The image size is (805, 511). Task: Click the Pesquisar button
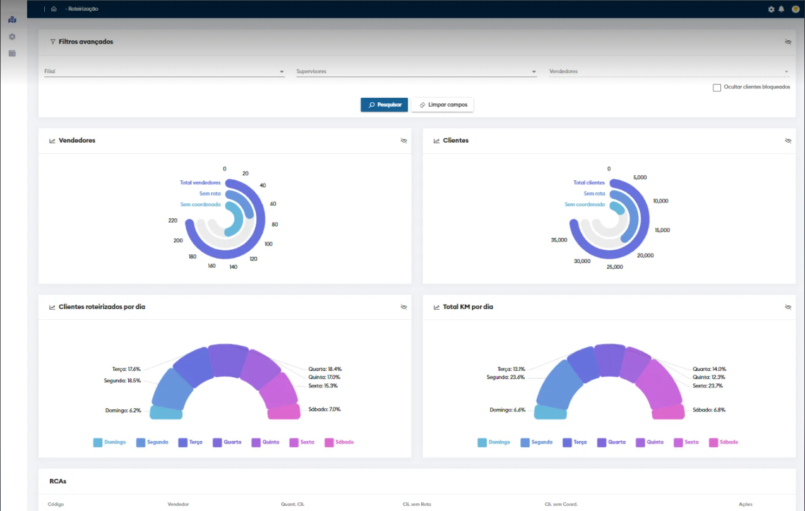tap(385, 105)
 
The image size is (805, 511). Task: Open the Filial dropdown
tap(164, 72)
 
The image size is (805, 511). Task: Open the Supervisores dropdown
tap(416, 72)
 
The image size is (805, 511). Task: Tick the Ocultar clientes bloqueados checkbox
tap(717, 88)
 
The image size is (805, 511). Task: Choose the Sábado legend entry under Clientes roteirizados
tap(340, 442)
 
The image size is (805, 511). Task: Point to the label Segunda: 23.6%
tap(506, 377)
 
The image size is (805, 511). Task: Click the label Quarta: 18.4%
tap(325, 369)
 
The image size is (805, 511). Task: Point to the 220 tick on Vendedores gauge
tap(172, 221)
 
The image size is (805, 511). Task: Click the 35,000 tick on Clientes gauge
tap(559, 240)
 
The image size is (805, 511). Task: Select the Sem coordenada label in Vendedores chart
tap(200, 204)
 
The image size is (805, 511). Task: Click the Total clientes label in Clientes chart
tap(589, 183)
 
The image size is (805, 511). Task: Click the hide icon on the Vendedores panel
tap(404, 141)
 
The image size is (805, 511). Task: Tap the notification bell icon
tap(781, 9)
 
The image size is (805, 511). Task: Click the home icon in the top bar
tap(54, 9)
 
